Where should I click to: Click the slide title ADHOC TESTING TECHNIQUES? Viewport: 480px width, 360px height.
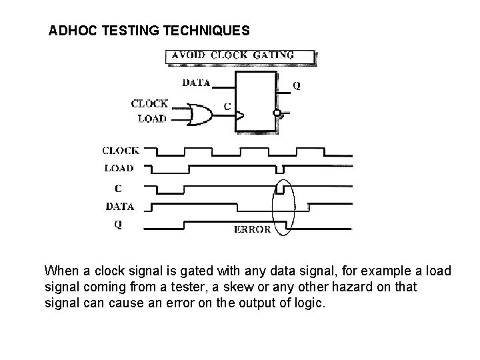point(150,31)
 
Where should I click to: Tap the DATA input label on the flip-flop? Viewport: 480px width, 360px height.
point(196,83)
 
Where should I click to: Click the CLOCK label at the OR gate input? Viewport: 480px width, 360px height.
point(150,103)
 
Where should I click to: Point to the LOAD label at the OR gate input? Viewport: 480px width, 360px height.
point(153,119)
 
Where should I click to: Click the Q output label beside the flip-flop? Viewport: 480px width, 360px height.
point(296,86)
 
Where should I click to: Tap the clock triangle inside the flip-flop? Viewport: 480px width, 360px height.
point(239,116)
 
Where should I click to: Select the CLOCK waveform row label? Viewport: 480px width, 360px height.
point(121,151)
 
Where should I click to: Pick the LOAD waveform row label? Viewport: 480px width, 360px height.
point(119,168)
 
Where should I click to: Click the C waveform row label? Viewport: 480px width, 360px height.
point(118,188)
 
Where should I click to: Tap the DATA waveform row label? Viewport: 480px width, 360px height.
point(119,206)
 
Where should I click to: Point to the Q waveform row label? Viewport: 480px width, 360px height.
point(118,225)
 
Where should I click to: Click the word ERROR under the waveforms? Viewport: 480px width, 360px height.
point(253,229)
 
